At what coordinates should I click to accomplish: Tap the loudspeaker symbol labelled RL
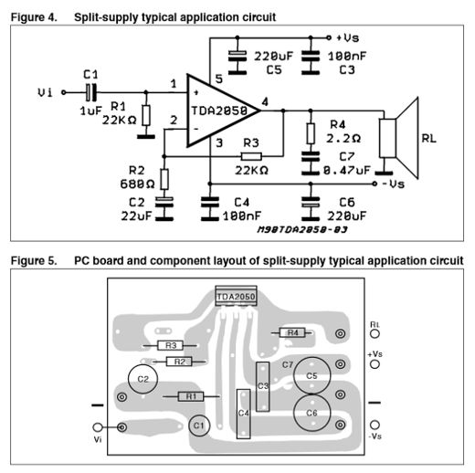pyautogui.click(x=399, y=138)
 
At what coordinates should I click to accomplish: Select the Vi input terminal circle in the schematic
pyautogui.click(x=64, y=92)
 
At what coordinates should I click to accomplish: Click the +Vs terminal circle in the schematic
pyautogui.click(x=329, y=37)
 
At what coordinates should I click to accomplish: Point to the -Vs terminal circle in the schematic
pyautogui.click(x=375, y=184)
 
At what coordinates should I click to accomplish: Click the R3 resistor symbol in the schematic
pyautogui.click(x=251, y=156)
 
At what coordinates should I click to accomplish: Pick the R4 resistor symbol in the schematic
pyautogui.click(x=311, y=133)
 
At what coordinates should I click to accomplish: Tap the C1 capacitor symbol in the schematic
pyautogui.click(x=91, y=92)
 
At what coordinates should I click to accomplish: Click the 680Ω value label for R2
pyautogui.click(x=137, y=184)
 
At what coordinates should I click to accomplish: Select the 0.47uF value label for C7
pyautogui.click(x=347, y=170)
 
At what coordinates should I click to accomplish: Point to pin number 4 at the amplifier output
pyautogui.click(x=265, y=101)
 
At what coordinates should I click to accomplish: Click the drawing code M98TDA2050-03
pyautogui.click(x=302, y=229)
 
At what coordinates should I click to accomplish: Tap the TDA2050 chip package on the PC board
pyautogui.click(x=236, y=296)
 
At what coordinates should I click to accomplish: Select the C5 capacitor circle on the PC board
pyautogui.click(x=311, y=375)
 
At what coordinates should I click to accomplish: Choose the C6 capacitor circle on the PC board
pyautogui.click(x=311, y=413)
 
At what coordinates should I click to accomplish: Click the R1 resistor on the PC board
pyautogui.click(x=191, y=396)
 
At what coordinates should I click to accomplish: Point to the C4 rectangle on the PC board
pyautogui.click(x=244, y=414)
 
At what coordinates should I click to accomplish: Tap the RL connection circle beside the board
pyautogui.click(x=375, y=334)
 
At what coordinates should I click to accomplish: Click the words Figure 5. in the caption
pyautogui.click(x=34, y=261)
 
